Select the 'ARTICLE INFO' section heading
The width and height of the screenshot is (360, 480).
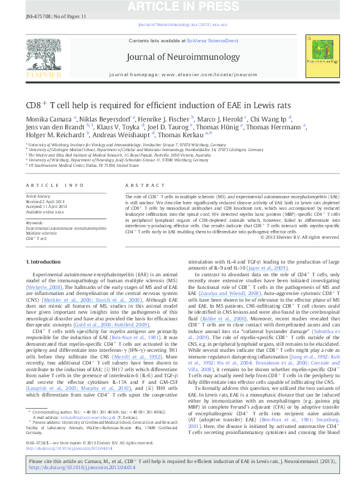(x=54, y=185)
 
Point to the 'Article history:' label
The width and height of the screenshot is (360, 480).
(x=39, y=196)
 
